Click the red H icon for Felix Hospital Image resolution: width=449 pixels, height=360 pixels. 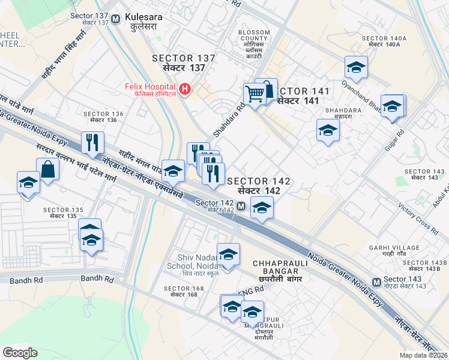(185, 90)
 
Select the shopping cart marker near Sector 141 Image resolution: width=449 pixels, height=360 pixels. (255, 94)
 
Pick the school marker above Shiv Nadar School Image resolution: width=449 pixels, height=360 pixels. (228, 255)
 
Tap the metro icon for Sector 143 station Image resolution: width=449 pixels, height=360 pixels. (376, 282)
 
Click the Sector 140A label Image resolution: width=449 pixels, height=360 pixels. (384, 41)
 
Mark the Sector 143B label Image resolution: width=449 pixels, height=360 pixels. (425, 266)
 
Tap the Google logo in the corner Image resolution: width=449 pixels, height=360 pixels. (20, 352)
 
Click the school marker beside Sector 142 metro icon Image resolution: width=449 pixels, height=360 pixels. (261, 208)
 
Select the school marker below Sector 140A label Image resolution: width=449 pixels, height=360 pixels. (356, 68)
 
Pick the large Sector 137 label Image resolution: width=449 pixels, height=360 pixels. (184, 63)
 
